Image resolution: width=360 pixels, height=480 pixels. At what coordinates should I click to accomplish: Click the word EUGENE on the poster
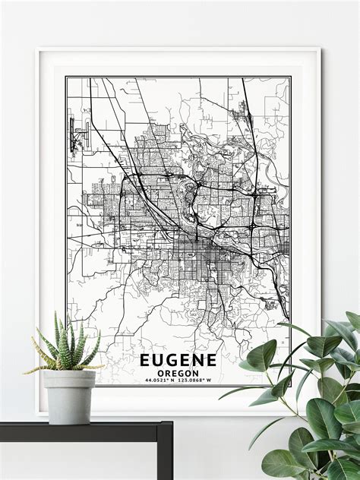(178, 359)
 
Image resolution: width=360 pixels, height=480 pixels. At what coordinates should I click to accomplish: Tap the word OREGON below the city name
(178, 372)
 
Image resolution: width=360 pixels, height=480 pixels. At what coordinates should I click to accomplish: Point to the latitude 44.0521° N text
(156, 381)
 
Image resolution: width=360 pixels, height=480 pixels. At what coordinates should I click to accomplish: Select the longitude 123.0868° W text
(198, 381)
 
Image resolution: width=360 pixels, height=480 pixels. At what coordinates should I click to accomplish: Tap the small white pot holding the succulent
(69, 395)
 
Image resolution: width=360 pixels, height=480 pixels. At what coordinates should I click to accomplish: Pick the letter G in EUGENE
(171, 359)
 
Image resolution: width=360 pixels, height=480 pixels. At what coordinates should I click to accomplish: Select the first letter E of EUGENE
(144, 359)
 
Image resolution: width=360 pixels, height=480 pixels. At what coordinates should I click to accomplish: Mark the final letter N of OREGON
(195, 372)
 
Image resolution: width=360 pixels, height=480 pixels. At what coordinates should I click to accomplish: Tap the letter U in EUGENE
(157, 359)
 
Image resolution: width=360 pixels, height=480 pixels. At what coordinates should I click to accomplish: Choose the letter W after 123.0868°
(216, 381)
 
